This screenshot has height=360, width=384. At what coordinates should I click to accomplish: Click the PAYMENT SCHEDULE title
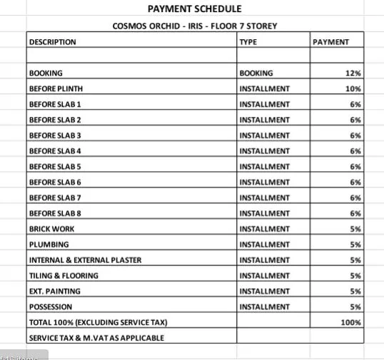coord(194,9)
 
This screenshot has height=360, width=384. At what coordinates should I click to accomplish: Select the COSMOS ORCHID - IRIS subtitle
coord(195,26)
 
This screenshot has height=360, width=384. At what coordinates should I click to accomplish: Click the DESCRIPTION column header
coord(52,42)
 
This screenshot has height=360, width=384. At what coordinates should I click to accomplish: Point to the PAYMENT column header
coord(331,42)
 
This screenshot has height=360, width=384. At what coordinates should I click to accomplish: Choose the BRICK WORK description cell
coord(51,229)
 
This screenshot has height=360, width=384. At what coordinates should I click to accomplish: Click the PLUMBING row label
coord(49,245)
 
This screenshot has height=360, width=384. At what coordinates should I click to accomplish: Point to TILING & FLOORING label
coord(64,276)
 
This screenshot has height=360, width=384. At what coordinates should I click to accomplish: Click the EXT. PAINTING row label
coord(54,292)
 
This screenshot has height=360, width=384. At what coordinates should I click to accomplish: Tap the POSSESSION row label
coord(51,307)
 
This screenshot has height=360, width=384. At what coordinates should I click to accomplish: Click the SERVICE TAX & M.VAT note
coord(96,338)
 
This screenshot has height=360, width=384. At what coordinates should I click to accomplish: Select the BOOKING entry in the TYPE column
coord(256,73)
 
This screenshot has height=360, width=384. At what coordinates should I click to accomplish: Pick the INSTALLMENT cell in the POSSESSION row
coord(265,307)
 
